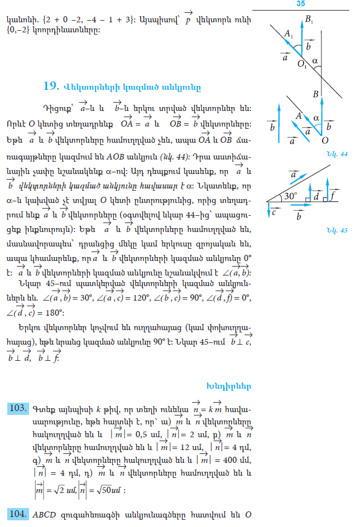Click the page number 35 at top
click(300, 4)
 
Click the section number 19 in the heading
click(51, 86)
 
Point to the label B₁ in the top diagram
click(309, 20)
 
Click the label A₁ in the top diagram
click(289, 35)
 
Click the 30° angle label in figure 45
click(290, 195)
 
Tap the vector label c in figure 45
click(274, 212)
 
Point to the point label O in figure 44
click(325, 140)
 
